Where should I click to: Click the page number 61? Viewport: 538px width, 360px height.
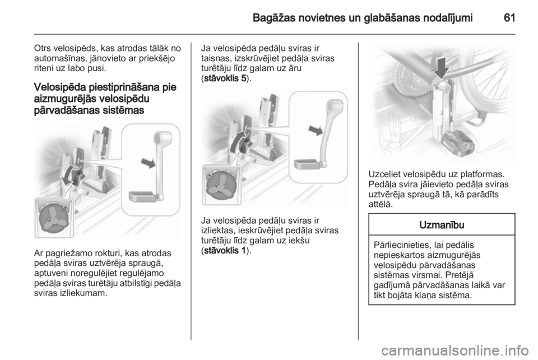click(x=509, y=18)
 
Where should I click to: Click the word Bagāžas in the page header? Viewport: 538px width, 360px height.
click(x=273, y=18)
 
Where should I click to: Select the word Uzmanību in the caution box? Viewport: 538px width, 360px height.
click(x=442, y=225)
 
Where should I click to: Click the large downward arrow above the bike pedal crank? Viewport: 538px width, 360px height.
click(x=441, y=68)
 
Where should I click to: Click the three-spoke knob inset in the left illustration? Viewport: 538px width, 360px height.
click(x=54, y=218)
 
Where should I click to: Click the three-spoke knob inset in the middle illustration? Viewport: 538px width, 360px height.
click(x=221, y=185)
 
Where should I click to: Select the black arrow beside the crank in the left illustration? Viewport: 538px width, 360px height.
click(x=148, y=163)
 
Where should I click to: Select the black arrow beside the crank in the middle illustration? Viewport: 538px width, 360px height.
click(x=316, y=130)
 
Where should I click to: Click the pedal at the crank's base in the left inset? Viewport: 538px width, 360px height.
click(x=142, y=197)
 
